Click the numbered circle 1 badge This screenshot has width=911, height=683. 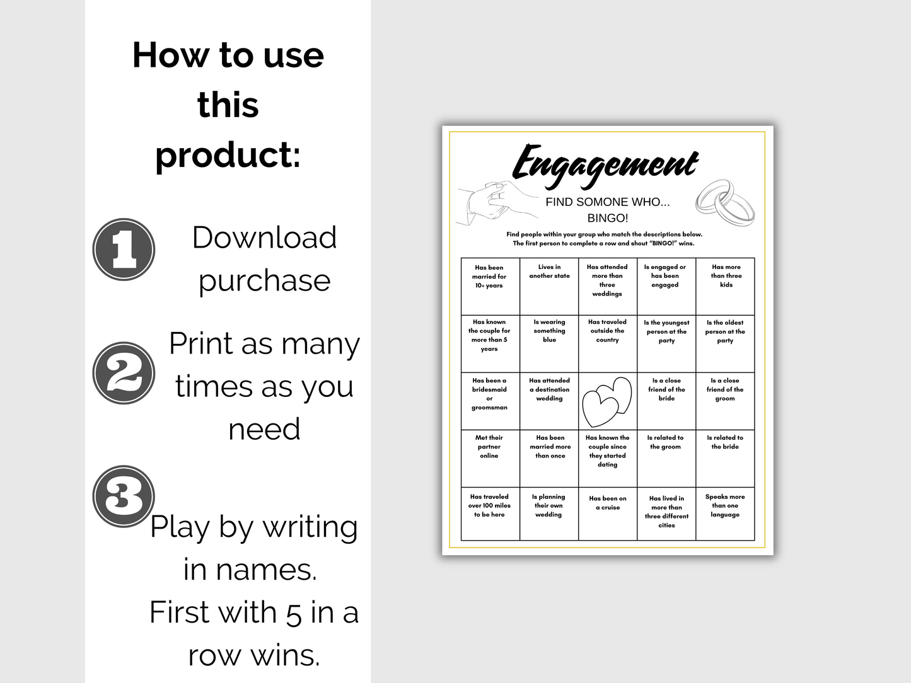point(124,250)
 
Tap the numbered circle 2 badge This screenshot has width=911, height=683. point(124,373)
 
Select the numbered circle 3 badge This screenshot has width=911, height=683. point(124,496)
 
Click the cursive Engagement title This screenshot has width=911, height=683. point(605,165)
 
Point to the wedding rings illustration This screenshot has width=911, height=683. point(725,204)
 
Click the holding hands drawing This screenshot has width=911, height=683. point(496,204)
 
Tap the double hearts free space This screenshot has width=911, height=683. point(607,401)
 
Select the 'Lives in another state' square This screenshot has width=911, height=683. point(549,286)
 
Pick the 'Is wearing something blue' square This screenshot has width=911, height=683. point(549,344)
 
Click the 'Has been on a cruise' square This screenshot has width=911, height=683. point(608,514)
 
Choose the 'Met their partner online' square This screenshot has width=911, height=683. point(490,459)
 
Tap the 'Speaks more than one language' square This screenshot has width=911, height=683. point(725,514)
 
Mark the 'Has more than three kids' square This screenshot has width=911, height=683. point(725,286)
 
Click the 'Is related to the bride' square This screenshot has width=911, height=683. point(725,459)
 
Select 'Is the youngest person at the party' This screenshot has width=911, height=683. point(666,344)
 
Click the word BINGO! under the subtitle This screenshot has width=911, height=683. point(608,218)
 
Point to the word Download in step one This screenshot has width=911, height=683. point(264,238)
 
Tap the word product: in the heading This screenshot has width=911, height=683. point(228,155)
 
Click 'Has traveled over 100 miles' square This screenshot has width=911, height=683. point(490,514)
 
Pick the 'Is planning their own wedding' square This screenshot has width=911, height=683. point(549,514)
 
